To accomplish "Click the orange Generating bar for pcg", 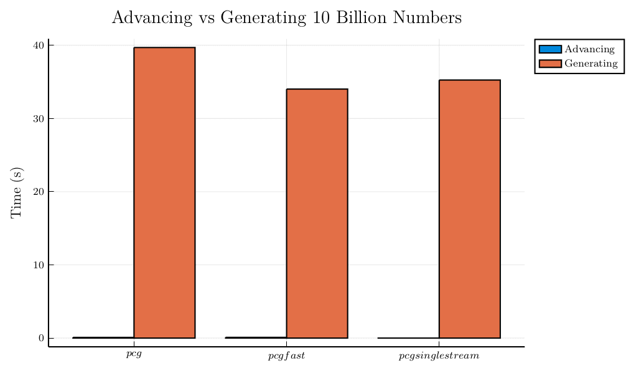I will (x=164, y=192).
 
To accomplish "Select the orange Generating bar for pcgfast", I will (x=317, y=214).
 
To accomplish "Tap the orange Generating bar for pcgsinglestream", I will (x=469, y=209).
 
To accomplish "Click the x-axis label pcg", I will (x=134, y=354).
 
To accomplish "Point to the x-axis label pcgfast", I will (x=286, y=356).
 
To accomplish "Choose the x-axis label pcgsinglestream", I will (x=439, y=356).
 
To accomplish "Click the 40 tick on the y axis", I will (x=38, y=45).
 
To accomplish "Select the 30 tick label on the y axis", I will (x=38, y=118).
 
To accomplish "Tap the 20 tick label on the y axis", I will (x=38, y=192).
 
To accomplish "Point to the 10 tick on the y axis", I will (x=38, y=265).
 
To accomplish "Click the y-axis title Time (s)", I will (x=16, y=192).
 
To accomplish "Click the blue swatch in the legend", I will (x=550, y=49).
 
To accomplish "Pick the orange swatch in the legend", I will (x=550, y=63).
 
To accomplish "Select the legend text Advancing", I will (x=589, y=49).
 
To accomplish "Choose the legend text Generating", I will (x=591, y=63).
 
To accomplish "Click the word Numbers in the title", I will (x=431, y=17).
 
